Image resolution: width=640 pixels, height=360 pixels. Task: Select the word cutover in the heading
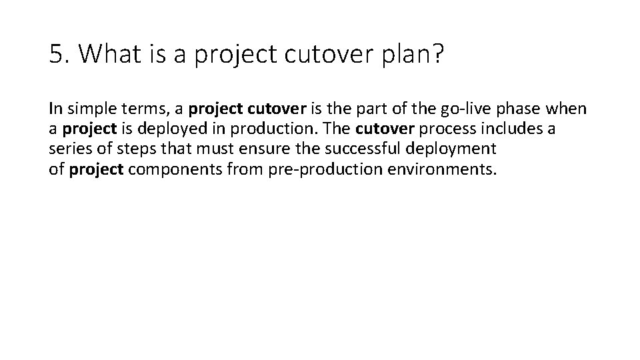(316, 55)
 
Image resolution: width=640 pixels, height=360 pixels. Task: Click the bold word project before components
(95, 169)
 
